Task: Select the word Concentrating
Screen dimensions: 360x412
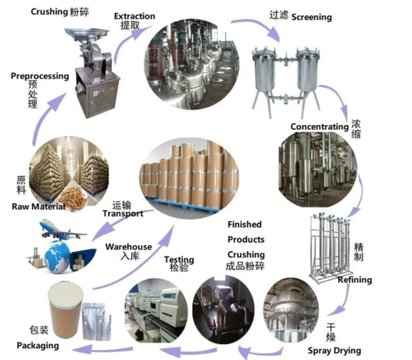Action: (319, 127)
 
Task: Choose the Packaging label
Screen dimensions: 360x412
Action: (37, 345)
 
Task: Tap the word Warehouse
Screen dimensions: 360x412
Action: (129, 247)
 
